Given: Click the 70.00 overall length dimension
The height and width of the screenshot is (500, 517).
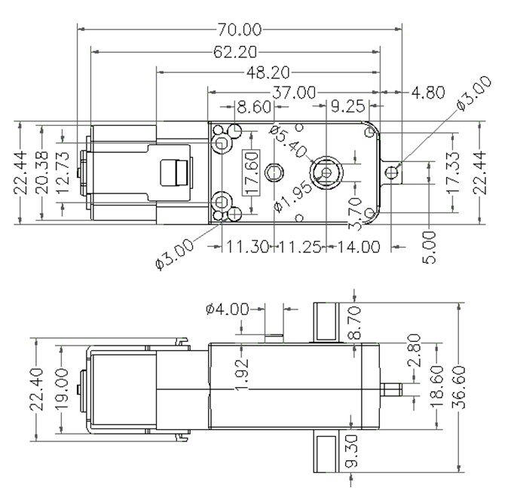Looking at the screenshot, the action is [x=240, y=29].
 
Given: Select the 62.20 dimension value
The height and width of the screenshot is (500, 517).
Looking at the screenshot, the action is [x=235, y=52].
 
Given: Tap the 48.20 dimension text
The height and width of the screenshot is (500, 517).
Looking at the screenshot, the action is [x=268, y=72].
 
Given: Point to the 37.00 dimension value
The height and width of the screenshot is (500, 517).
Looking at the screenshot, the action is [x=294, y=93].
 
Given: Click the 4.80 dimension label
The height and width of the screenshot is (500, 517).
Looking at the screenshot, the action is [x=428, y=93].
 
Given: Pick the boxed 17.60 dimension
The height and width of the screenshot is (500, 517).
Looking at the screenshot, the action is [x=251, y=172].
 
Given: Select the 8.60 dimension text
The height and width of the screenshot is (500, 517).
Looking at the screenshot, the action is [x=254, y=107].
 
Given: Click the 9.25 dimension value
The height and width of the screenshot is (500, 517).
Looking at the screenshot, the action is [x=348, y=106].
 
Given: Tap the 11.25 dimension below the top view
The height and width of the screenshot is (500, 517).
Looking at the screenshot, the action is [x=300, y=247].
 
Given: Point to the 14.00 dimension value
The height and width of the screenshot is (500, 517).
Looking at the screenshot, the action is [x=359, y=247].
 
